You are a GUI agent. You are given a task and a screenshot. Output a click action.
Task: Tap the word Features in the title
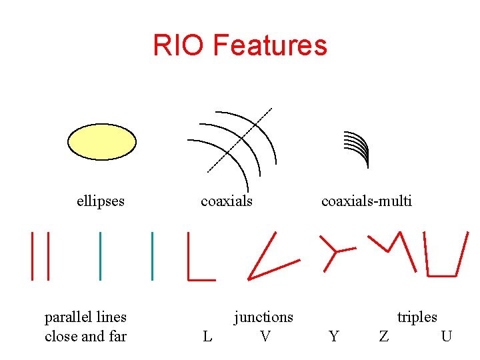(270, 45)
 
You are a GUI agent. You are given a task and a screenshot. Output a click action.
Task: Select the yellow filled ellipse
(102, 142)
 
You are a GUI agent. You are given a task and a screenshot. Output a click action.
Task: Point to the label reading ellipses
(101, 201)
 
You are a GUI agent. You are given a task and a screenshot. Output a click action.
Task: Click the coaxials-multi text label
(366, 201)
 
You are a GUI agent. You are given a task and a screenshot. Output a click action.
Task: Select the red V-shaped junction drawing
(261, 263)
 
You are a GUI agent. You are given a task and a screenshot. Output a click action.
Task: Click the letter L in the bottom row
(207, 337)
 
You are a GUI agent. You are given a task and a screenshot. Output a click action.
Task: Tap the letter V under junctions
(265, 337)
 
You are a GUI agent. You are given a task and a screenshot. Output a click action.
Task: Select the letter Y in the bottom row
(334, 337)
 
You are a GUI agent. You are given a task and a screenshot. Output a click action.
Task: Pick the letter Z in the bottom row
(384, 337)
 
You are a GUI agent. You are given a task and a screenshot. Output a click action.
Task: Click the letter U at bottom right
(446, 337)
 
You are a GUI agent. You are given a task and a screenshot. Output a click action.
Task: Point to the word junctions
(263, 317)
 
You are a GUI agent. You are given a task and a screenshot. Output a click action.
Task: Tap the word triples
(417, 317)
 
